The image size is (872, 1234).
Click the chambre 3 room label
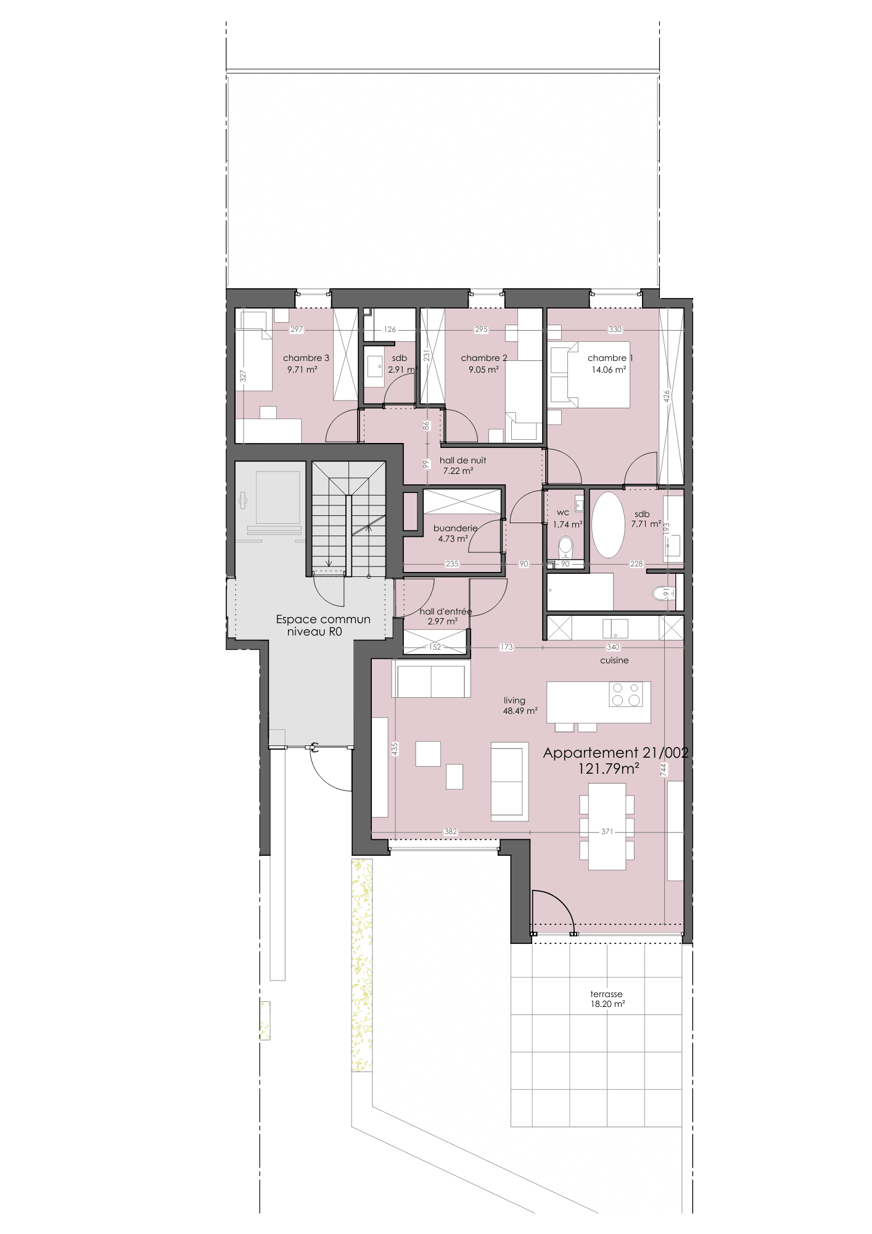pos(306,358)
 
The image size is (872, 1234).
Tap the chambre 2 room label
pos(484,358)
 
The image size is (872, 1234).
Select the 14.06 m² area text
pos(609,370)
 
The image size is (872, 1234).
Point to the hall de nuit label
pos(463,460)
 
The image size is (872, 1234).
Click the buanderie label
pos(456,528)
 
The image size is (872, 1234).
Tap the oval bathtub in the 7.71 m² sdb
pos(608,525)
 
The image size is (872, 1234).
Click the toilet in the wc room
pos(566,547)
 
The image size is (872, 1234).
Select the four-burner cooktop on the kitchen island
pos(626,694)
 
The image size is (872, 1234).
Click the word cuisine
pos(614,660)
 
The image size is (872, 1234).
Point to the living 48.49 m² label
pos(520,706)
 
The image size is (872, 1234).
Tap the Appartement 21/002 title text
pos(615,753)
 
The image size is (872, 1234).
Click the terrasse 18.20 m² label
pos(607,999)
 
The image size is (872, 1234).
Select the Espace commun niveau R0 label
pos(323,625)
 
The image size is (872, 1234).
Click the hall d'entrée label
pos(445,611)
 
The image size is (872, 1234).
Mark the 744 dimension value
pos(664,769)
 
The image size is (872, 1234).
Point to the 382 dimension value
pos(451,832)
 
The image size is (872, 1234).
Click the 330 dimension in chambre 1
pos(615,329)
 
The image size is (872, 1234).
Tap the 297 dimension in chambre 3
pos(297,329)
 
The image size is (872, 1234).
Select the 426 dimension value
pos(667,396)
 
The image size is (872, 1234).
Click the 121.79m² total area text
pos(608,769)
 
